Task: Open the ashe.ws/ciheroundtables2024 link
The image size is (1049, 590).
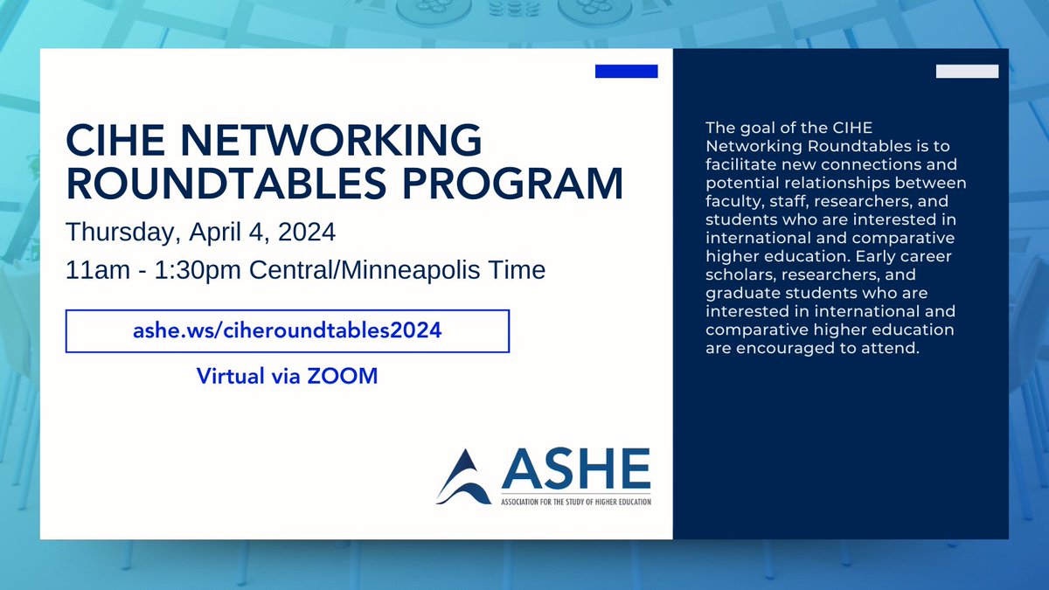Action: (x=288, y=332)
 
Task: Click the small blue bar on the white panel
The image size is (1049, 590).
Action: (x=626, y=72)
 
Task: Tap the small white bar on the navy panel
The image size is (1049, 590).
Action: (x=967, y=72)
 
